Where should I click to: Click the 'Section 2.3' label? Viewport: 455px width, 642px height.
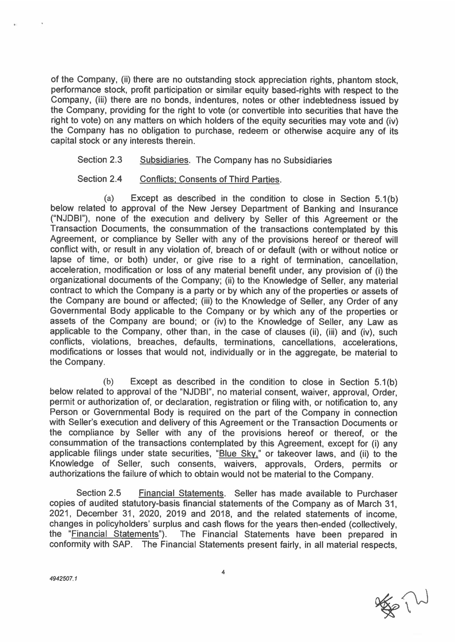pyautogui.click(x=99, y=160)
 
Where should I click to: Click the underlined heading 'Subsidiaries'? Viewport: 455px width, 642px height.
pyautogui.click(x=164, y=160)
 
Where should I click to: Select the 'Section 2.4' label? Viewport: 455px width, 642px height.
pyautogui.click(x=99, y=179)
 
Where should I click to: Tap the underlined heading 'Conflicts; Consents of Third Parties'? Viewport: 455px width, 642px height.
pyautogui.click(x=210, y=180)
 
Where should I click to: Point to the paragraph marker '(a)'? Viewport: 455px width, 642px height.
pyautogui.click(x=109, y=198)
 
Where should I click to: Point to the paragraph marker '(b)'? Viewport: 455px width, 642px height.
pyautogui.click(x=109, y=382)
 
